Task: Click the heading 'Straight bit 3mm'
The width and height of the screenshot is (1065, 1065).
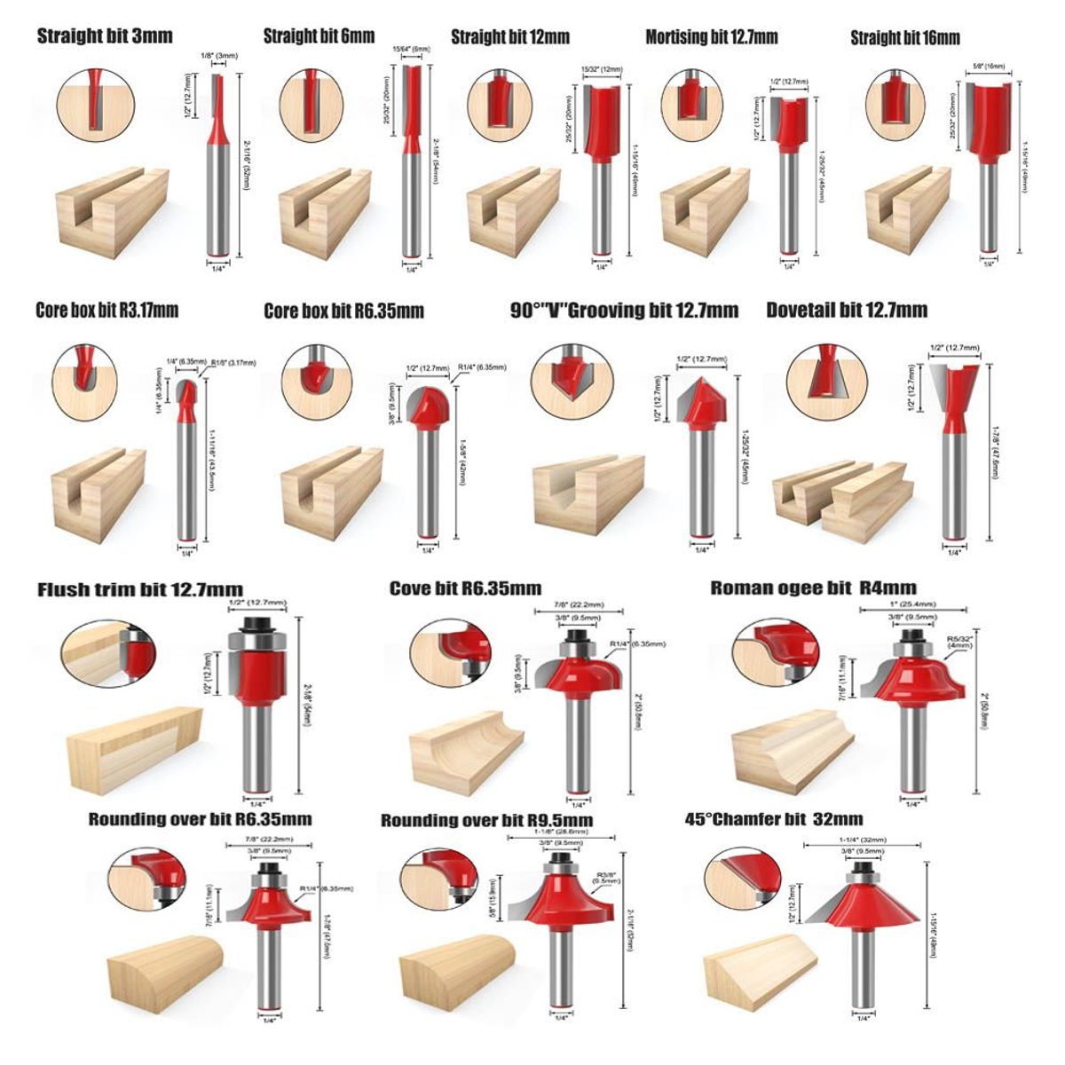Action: tap(105, 37)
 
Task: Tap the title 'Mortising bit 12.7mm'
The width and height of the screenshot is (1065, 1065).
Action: tap(711, 37)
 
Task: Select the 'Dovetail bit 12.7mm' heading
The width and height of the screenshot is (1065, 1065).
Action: tap(847, 310)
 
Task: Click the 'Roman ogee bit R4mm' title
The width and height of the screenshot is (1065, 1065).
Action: tap(813, 588)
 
